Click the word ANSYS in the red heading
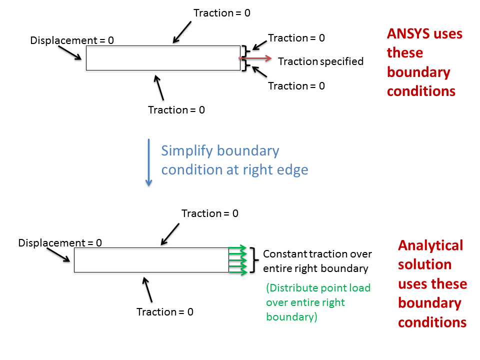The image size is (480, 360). coord(408,33)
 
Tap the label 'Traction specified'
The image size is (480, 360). coord(320,61)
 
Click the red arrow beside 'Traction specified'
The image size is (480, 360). coord(255,58)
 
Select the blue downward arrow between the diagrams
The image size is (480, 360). coord(149,162)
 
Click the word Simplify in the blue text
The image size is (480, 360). coord(186,151)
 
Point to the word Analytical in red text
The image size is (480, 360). coord(430,246)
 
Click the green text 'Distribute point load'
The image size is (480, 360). coord(318,288)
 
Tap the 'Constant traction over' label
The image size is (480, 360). coord(317,254)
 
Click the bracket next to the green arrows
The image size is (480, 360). coord(254,260)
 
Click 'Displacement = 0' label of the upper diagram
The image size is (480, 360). coord(72,40)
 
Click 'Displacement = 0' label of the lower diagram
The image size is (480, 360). coord(60,243)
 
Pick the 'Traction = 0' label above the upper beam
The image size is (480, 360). coord(222,13)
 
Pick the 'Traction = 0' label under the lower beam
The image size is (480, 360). coord(165,312)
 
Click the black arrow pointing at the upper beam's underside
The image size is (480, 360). coord(158,88)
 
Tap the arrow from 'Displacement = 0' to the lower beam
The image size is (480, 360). coord(58,254)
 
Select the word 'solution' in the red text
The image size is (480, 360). coord(424,264)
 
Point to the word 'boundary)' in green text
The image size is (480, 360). coord(291,317)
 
